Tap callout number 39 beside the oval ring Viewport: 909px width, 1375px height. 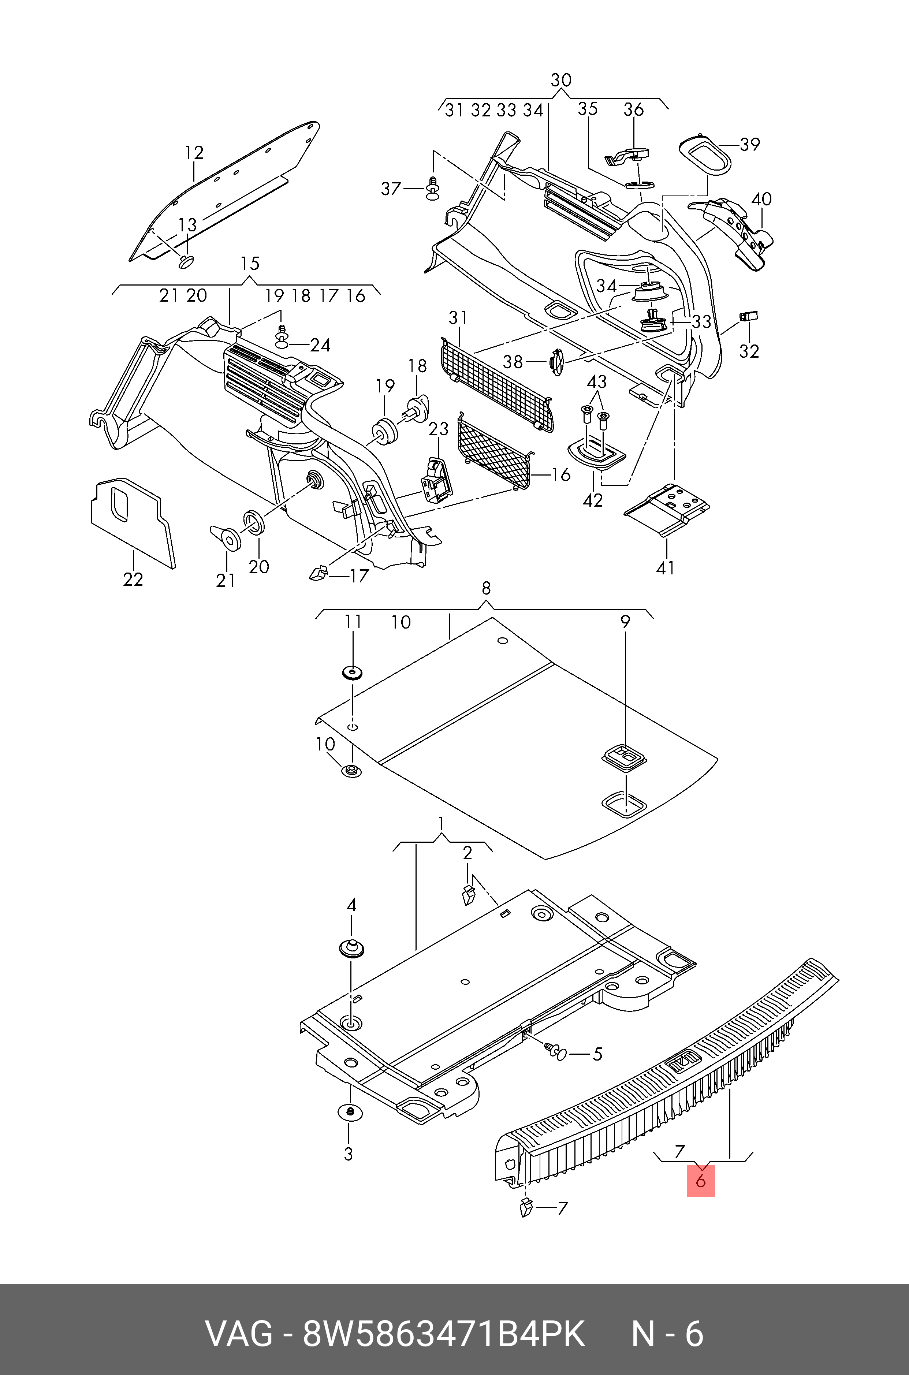pos(750,144)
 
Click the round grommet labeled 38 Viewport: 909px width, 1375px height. pos(555,362)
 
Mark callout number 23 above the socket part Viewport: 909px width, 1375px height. pos(438,429)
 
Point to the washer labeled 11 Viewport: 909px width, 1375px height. pos(352,673)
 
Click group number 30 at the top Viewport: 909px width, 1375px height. pos(560,80)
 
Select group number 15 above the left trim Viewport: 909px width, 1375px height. pos(250,264)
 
